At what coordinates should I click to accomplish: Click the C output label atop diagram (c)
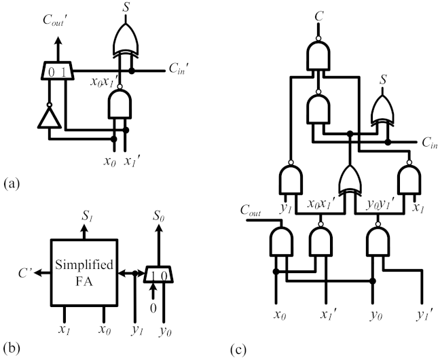point(319,14)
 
